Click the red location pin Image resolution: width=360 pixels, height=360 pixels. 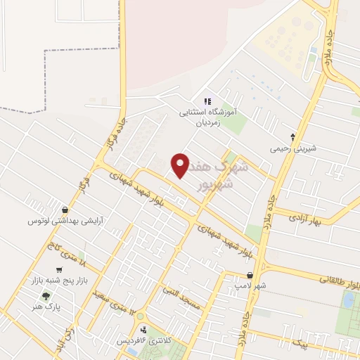[180, 165]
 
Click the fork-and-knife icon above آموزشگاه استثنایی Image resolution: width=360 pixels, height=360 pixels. [207, 101]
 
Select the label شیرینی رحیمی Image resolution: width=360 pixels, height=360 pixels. [294, 148]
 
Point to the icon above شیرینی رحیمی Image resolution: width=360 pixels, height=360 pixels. [294, 136]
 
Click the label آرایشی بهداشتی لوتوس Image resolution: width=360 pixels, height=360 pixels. [65, 221]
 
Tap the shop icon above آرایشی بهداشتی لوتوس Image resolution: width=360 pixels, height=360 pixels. [65, 210]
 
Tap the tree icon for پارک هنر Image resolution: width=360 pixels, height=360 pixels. [47, 295]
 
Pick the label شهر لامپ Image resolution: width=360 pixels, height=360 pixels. [250, 287]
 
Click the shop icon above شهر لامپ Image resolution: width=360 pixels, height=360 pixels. [250, 276]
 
